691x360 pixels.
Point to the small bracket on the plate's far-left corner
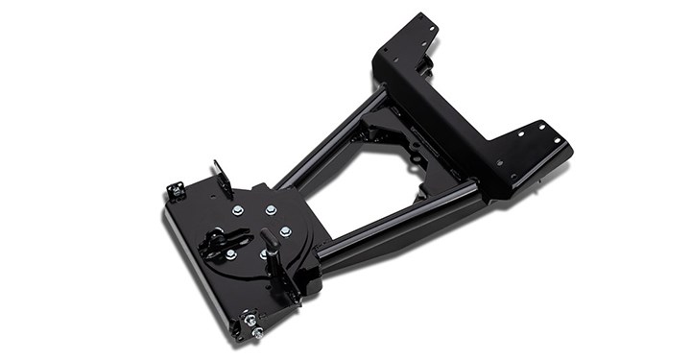pyautogui.click(x=176, y=190)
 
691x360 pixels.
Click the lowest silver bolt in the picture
pyautogui.click(x=256, y=333)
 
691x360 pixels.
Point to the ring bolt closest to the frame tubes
pyautogui.click(x=285, y=231)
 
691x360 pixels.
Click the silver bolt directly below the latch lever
pyautogui.click(x=230, y=254)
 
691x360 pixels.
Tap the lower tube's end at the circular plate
pyautogui.click(x=326, y=252)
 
